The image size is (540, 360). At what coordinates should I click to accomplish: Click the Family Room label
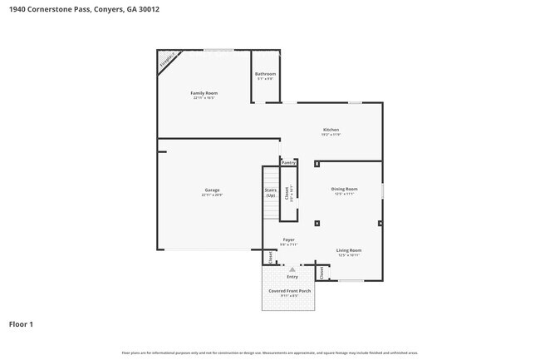pos(204,93)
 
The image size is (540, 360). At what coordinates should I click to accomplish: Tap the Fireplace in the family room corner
pos(168,61)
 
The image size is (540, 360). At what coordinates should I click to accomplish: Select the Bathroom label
pos(265,73)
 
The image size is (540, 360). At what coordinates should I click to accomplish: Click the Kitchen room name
pos(331,130)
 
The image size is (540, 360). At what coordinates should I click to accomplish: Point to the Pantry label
pos(288,163)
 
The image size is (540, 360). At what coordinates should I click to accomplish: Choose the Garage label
pos(212,190)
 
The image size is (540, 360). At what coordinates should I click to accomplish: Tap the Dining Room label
pos(344,189)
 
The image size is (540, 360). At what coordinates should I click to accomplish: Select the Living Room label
pos(348,249)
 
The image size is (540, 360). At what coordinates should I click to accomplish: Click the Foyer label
pos(288,239)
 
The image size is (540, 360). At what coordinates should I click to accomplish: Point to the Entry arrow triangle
pos(292,269)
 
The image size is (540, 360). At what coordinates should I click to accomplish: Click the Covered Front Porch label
pos(288,291)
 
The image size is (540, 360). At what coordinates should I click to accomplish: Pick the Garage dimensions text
pos(212,195)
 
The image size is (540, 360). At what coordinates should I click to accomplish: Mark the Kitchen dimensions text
pos(331,135)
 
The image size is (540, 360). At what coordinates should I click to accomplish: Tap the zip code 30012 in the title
pos(149,10)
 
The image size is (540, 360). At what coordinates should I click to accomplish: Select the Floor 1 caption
pos(22,323)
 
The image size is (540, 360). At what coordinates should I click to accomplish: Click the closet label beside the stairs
pos(287,194)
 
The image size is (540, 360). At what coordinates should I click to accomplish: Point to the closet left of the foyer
pos(269,258)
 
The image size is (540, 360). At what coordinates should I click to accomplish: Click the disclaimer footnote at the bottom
pos(270,353)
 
